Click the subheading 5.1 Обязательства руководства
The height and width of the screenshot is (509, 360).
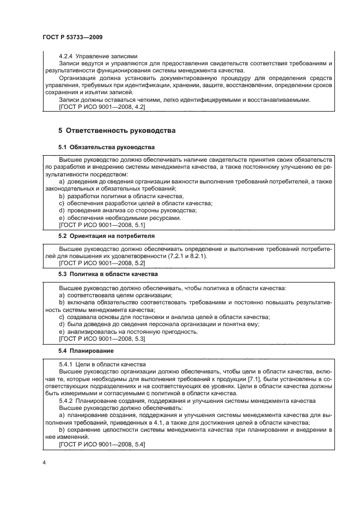106,148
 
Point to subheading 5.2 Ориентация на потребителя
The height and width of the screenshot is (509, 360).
106,236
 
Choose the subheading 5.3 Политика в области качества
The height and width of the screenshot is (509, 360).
108,274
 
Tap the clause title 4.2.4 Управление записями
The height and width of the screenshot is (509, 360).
98,57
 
